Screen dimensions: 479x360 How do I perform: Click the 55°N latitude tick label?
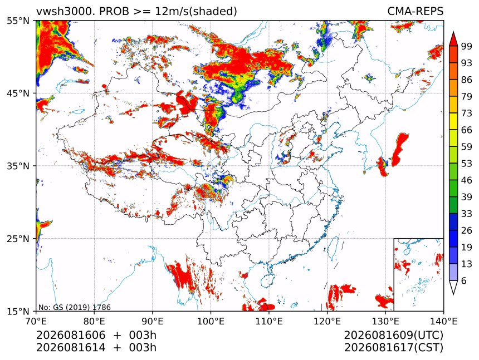coord(18,21)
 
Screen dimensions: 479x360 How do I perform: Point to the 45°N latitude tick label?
coord(18,93)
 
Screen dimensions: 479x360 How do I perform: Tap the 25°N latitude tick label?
coord(18,238)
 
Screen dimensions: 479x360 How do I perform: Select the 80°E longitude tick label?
coord(94,321)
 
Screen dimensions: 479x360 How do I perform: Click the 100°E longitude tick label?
coord(211,321)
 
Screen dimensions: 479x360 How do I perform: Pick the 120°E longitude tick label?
coord(327,321)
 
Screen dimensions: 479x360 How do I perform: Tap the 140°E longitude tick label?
coord(443,321)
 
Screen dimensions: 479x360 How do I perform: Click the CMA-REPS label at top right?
coord(415,11)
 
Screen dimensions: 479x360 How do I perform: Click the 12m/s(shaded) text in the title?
coord(196,12)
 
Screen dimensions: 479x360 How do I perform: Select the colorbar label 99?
coord(467,46)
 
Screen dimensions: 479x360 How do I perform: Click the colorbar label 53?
coord(467,164)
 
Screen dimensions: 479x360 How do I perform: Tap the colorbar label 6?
coord(465,280)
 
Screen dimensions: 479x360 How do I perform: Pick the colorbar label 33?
coord(467,214)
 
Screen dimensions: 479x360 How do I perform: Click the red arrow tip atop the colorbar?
coord(453,32)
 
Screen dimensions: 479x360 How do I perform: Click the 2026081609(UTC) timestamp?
coord(394,335)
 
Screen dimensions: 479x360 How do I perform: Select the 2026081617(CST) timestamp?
coord(394,348)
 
